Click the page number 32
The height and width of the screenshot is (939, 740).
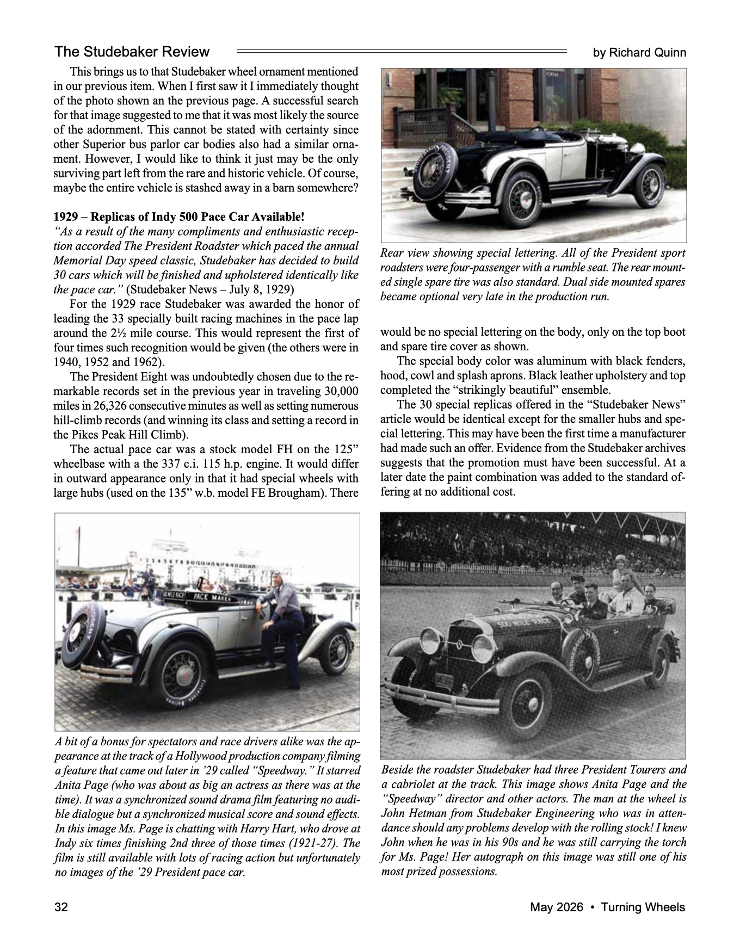(x=60, y=907)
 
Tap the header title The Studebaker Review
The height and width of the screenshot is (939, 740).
(x=132, y=52)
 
